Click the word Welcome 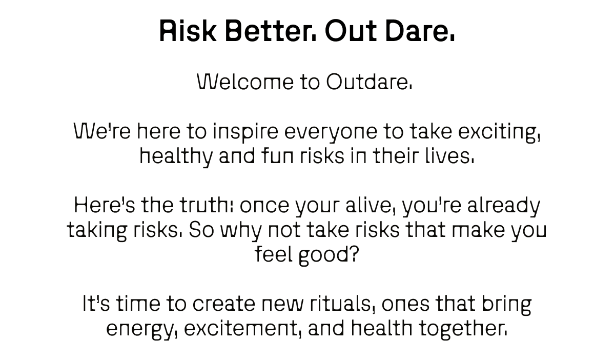tap(244, 82)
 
